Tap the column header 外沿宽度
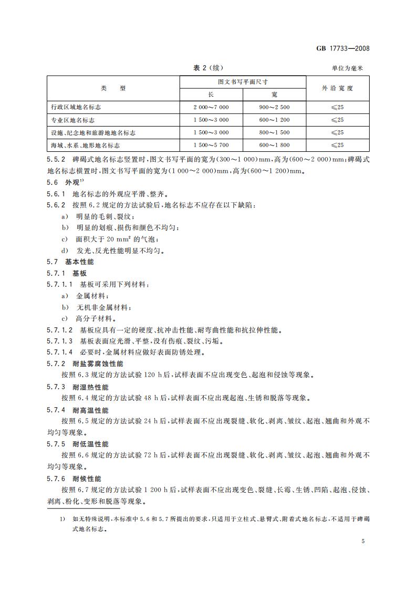coord(338,88)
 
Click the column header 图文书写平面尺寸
coord(243,82)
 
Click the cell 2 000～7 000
coord(211,107)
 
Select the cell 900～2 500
coord(274,107)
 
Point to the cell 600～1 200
coord(274,120)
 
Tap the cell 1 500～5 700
coord(211,145)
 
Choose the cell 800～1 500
coord(274,132)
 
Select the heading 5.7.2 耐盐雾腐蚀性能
coord(85,364)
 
